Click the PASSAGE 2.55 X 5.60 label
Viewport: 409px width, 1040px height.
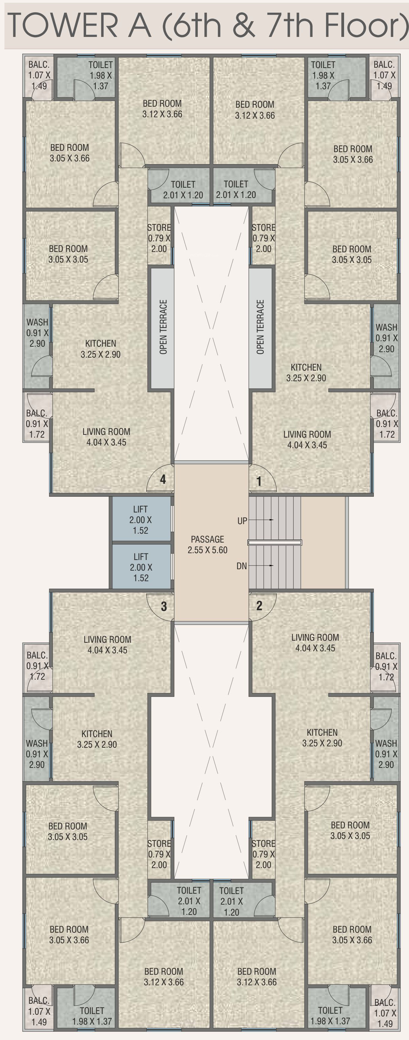point(207,544)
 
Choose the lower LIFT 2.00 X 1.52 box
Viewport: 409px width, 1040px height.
point(141,567)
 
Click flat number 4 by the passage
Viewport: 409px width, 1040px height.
point(163,479)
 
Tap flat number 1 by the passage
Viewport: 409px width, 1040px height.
point(259,481)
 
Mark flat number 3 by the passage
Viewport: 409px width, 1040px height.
point(164,606)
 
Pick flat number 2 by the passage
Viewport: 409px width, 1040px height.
point(259,605)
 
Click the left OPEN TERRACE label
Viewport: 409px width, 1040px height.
point(163,327)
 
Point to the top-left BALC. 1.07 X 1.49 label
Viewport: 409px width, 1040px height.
point(39,75)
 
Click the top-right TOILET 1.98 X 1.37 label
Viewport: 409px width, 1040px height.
point(323,75)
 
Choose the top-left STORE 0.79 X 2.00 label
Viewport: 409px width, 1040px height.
point(159,238)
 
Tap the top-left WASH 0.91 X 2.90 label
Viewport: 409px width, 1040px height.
point(37,333)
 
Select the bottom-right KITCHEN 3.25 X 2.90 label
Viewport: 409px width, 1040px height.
point(322,738)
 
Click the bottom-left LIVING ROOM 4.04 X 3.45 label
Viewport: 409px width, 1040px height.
point(107,645)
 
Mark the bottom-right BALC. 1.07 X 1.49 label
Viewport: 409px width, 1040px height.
point(385,1013)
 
